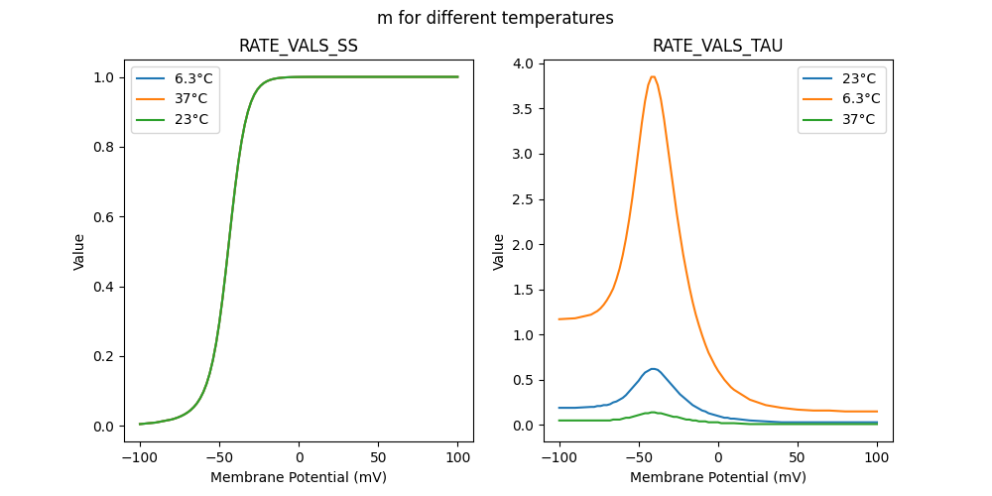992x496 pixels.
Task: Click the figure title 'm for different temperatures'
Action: click(495, 18)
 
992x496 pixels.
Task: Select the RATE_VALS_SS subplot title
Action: click(299, 46)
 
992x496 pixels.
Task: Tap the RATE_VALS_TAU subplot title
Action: click(718, 46)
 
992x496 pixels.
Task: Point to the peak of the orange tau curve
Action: click(652, 76)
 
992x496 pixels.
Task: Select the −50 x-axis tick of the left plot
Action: click(219, 458)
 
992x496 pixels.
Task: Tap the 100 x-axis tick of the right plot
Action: click(877, 458)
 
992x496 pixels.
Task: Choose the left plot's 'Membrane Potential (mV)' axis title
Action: click(299, 477)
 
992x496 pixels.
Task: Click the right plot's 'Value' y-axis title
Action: click(499, 252)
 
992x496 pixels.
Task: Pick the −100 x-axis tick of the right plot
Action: click(559, 458)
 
